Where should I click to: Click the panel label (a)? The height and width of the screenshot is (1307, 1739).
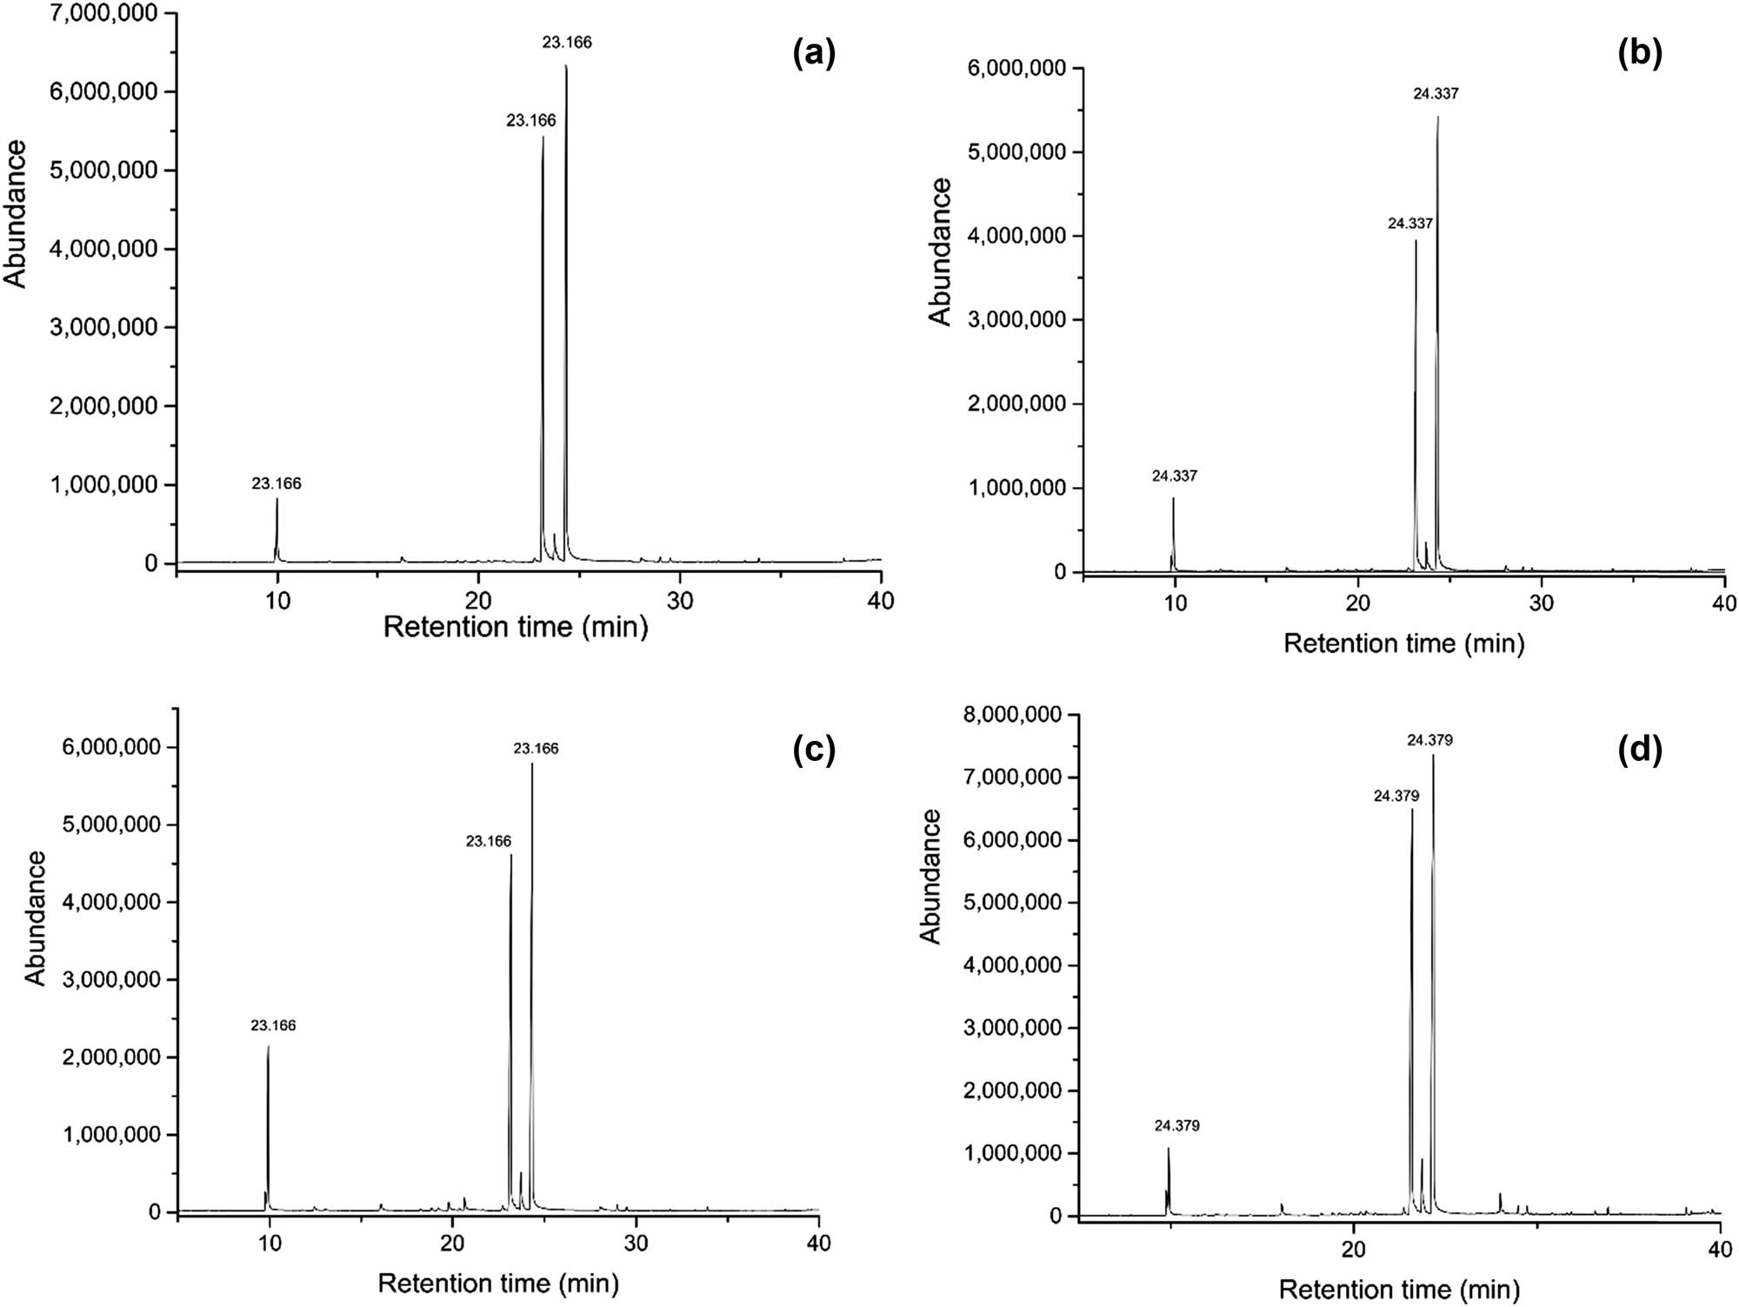814,54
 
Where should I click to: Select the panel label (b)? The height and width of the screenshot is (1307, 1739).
1640,54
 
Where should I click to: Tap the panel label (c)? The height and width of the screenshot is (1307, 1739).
814,750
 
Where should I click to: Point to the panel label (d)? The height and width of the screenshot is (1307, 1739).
1640,750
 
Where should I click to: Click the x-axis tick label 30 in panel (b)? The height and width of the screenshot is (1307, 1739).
1541,603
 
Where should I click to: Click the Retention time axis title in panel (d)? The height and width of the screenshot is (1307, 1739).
1399,1289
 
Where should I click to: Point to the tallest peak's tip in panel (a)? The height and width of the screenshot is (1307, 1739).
566,65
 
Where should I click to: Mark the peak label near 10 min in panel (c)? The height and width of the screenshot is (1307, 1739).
273,1025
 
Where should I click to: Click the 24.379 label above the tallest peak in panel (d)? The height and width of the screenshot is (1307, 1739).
1429,741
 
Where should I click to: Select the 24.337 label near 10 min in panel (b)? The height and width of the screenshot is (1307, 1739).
1174,476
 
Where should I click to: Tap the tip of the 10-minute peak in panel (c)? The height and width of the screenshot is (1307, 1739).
268,1046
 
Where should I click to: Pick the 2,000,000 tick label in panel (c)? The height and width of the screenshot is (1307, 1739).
112,1057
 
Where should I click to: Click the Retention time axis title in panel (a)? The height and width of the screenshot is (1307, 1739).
516,626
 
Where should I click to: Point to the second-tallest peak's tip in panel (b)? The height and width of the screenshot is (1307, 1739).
1416,241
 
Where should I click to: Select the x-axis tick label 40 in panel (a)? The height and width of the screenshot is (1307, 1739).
881,601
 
